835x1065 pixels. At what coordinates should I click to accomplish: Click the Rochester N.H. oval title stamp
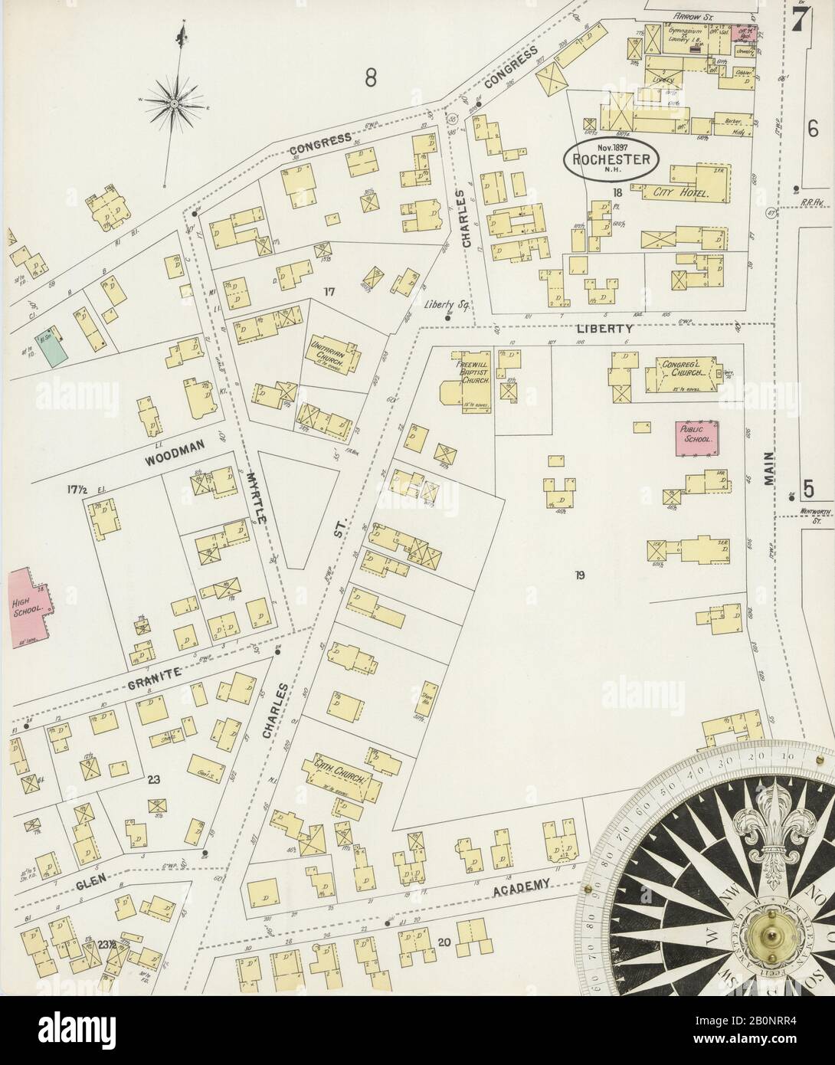pos(610,159)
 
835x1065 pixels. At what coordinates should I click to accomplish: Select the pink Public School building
pos(696,434)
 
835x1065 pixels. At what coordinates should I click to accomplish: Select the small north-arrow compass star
pos(175,100)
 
